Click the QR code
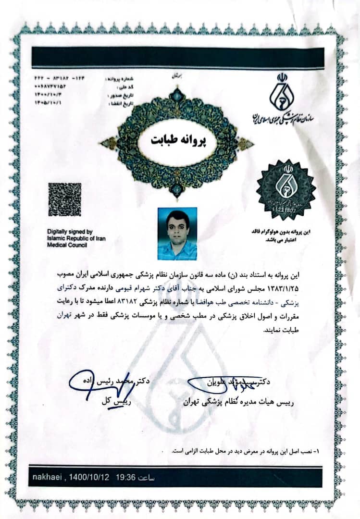pyautogui.click(x=64, y=199)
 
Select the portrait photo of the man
pyautogui.click(x=177, y=234)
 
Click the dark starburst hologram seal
pyautogui.click(x=286, y=188)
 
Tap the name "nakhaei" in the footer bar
pyautogui.click(x=46, y=477)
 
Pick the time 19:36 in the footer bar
pyautogui.click(x=126, y=477)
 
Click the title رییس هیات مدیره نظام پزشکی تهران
pyautogui.click(x=238, y=403)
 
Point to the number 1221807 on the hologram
pyautogui.click(x=286, y=210)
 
